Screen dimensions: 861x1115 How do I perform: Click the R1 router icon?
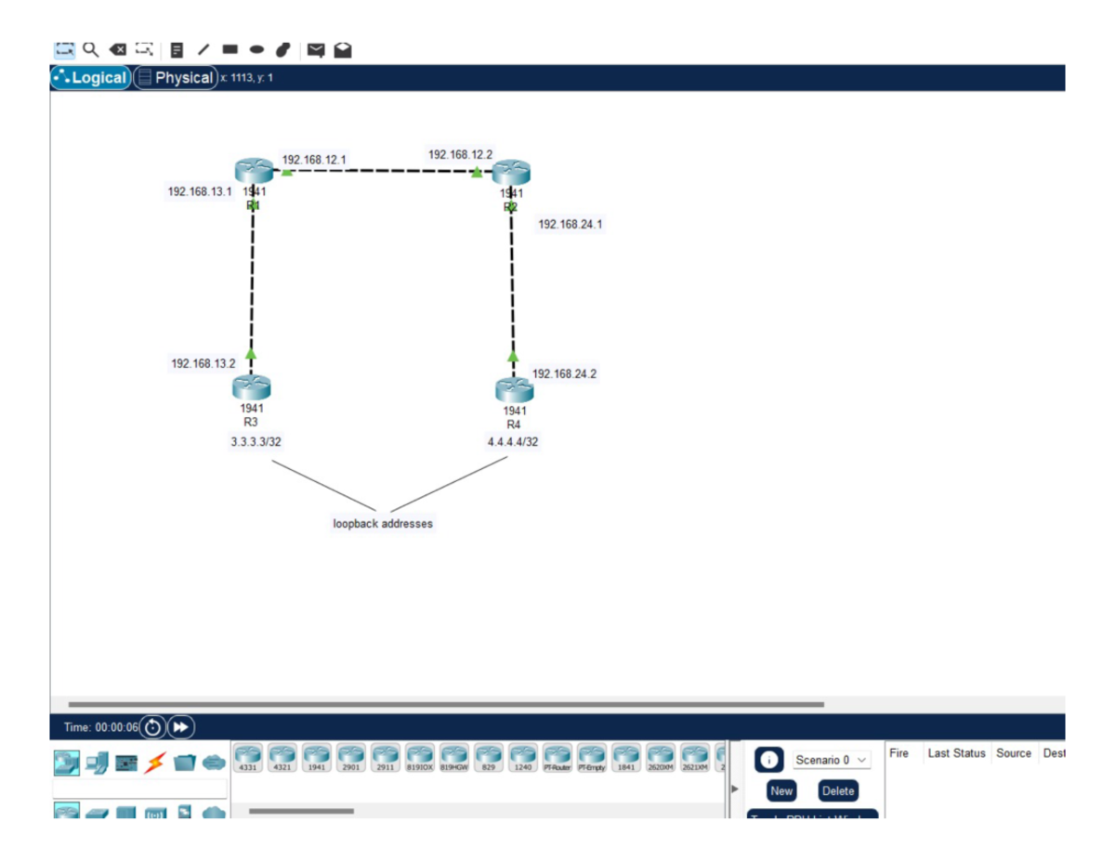coord(254,171)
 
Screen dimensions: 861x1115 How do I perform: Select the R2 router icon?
coord(511,172)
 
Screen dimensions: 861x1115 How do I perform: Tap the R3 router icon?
coord(251,387)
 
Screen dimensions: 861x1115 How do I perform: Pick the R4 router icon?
coord(514,389)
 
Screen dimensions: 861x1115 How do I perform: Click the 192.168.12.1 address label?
coord(314,160)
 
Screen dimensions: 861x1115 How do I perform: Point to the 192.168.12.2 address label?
coord(460,154)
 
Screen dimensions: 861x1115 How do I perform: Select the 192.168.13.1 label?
coord(200,191)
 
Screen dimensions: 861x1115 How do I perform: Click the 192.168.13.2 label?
coord(203,363)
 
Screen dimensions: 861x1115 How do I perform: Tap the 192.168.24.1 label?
coord(571,224)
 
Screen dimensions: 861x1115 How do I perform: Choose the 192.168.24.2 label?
coord(564,373)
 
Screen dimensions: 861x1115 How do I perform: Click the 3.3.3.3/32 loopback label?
coord(256,442)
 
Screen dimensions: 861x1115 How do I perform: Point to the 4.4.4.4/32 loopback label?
coord(513,442)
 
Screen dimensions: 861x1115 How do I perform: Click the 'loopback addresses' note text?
coord(383,524)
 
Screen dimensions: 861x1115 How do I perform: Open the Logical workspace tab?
coord(90,78)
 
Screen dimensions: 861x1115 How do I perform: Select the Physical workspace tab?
coord(176,78)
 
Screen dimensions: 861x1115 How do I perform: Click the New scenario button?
coord(781,791)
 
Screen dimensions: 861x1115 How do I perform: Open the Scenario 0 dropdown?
coord(831,760)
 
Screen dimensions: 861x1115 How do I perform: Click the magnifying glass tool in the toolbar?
coord(90,49)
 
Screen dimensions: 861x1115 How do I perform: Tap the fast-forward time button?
coord(180,727)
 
